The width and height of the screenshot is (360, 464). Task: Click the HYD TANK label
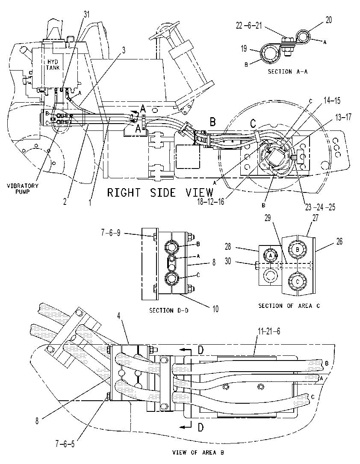pyautogui.click(x=53, y=65)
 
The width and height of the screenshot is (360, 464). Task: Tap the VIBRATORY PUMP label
pyautogui.click(x=23, y=189)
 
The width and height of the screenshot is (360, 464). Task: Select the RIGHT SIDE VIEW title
pyautogui.click(x=160, y=192)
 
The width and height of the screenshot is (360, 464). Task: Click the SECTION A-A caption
pyautogui.click(x=287, y=71)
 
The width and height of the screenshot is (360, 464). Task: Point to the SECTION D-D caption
pyautogui.click(x=168, y=310)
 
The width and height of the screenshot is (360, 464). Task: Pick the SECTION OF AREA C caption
pyautogui.click(x=289, y=306)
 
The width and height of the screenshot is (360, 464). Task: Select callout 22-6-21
pyautogui.click(x=249, y=26)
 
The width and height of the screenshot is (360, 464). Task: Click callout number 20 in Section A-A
pyautogui.click(x=329, y=20)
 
